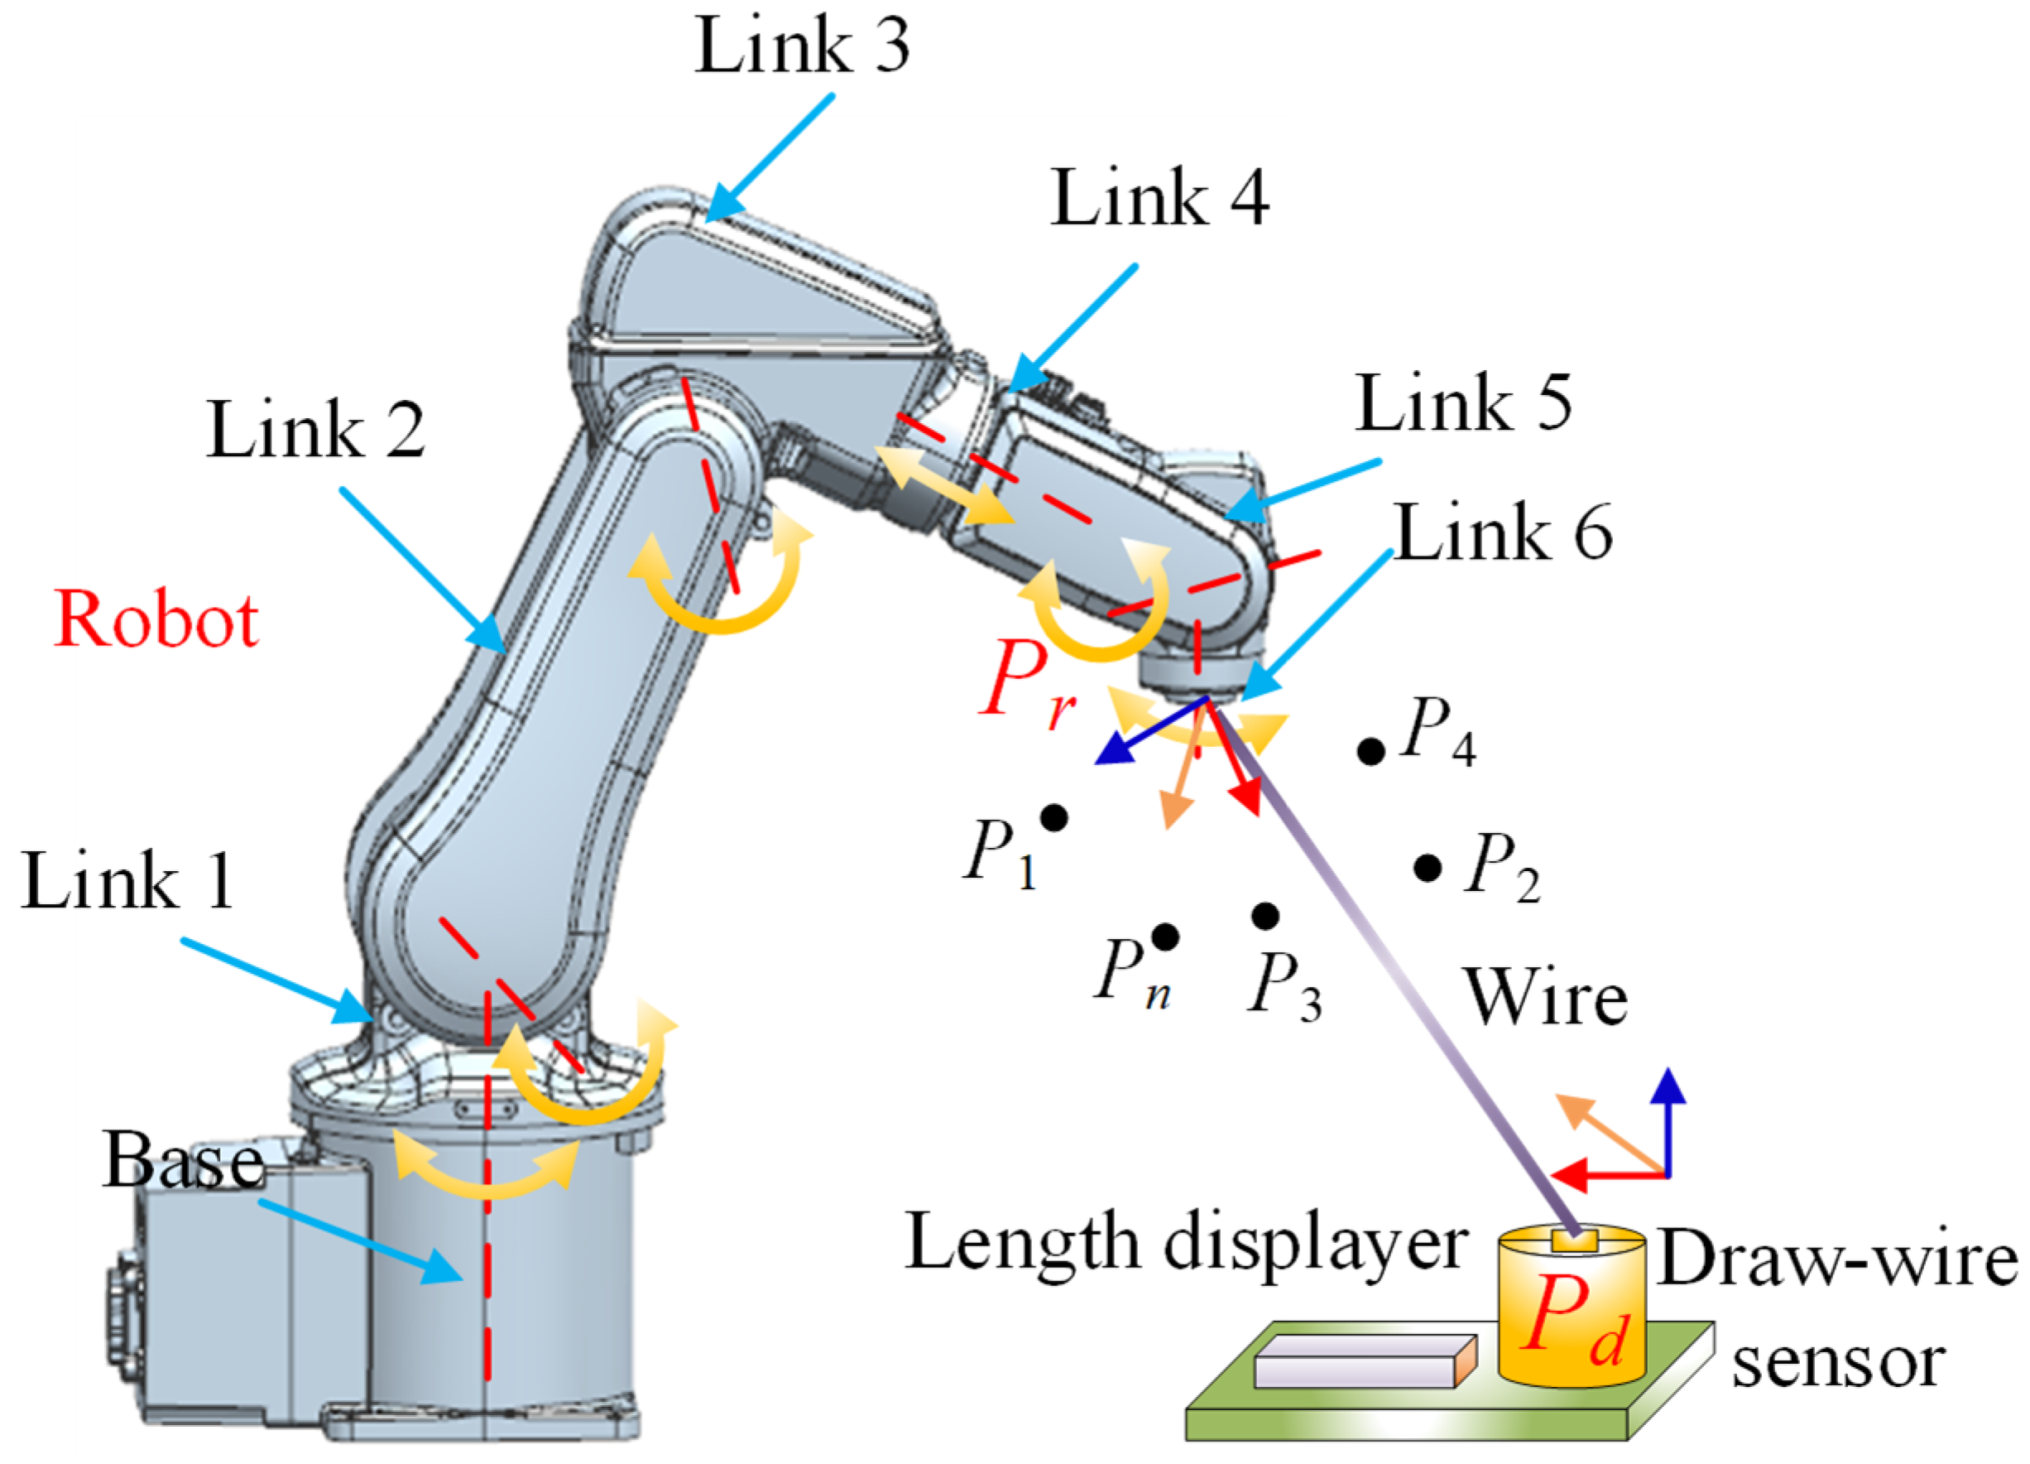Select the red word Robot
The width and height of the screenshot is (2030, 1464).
point(156,619)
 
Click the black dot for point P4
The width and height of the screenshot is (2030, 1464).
point(1370,751)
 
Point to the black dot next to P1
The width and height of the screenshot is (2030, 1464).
point(1054,816)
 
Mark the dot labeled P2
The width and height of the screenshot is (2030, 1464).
point(1428,867)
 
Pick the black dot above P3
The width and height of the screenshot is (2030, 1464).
point(1265,915)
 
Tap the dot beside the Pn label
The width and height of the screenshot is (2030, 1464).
point(1164,937)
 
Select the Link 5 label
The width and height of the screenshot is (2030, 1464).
point(1463,404)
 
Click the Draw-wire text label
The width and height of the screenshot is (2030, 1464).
point(1837,1261)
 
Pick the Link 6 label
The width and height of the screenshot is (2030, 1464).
point(1504,532)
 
